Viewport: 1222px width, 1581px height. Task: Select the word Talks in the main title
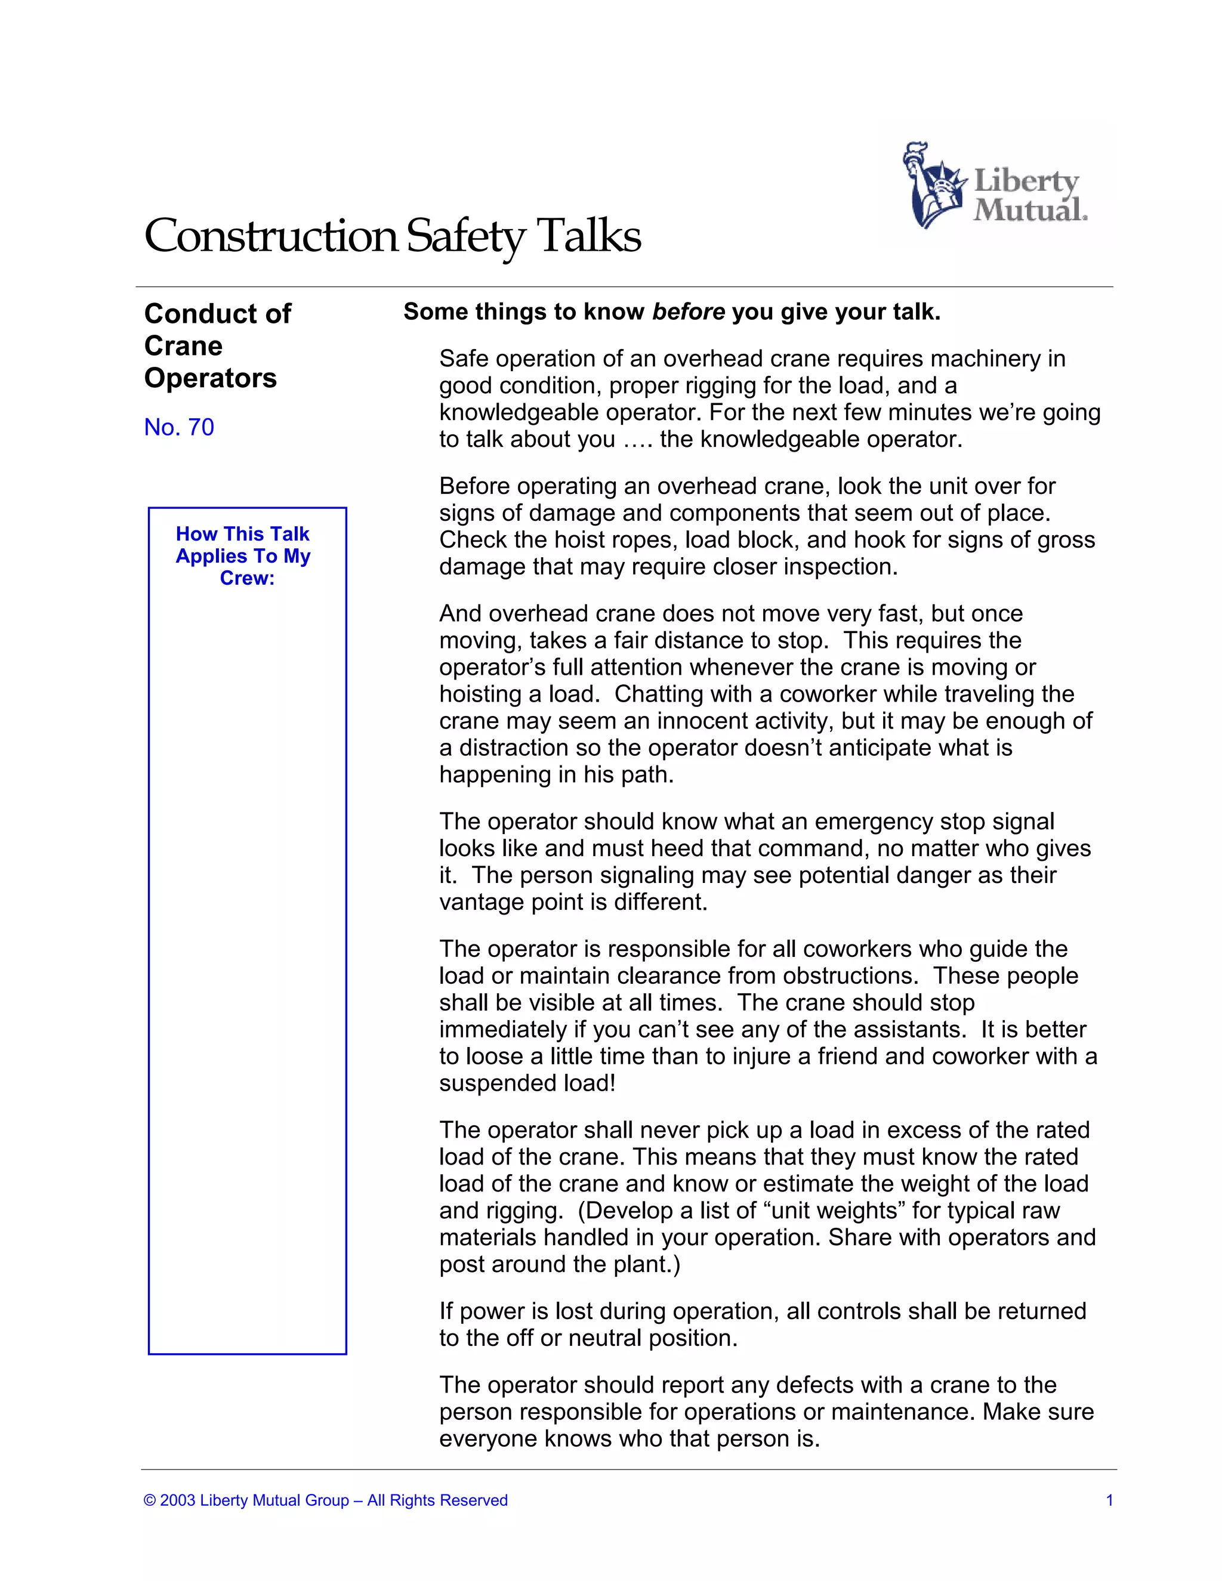coord(588,236)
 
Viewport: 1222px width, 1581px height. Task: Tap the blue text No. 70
coord(179,427)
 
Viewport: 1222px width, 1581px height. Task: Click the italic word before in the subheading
coord(688,312)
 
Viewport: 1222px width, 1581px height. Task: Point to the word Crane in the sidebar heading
coord(183,346)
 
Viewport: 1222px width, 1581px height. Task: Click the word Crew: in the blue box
coord(247,578)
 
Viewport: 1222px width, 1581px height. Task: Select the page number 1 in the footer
coord(1109,1500)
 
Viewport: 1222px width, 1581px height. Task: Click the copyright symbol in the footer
coord(150,1500)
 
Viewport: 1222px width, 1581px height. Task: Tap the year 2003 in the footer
coord(177,1500)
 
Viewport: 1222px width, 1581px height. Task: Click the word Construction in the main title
coord(271,236)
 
